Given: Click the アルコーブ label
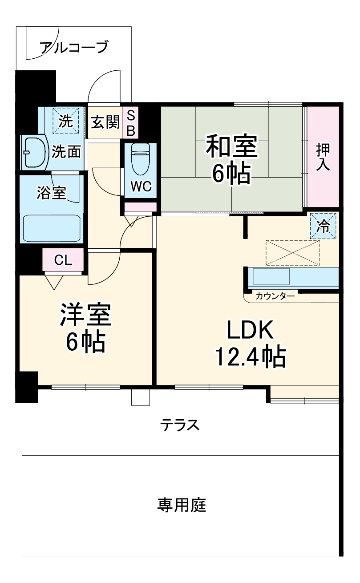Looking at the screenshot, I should pyautogui.click(x=73, y=47).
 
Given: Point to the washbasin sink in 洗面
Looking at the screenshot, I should pyautogui.click(x=33, y=152).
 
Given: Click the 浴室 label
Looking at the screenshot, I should pyautogui.click(x=51, y=193).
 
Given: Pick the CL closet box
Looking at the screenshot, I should pyautogui.click(x=63, y=260).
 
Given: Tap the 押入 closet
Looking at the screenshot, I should pyautogui.click(x=323, y=157).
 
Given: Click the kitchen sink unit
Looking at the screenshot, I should pyautogui.click(x=271, y=277).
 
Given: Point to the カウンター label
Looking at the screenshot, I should pyautogui.click(x=275, y=296).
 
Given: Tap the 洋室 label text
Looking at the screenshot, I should pyautogui.click(x=85, y=315).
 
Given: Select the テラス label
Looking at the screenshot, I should pyautogui.click(x=179, y=425).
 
